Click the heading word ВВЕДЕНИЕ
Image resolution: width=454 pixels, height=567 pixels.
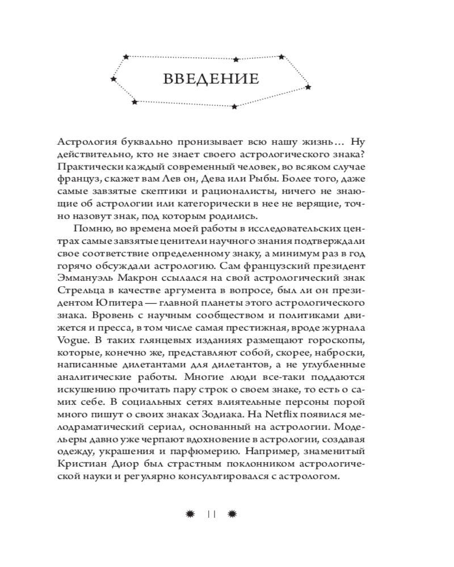pos(211,79)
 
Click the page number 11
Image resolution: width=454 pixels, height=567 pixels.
pos(211,514)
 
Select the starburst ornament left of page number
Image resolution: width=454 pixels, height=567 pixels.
pos(191,514)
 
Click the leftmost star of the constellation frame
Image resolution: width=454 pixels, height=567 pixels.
pos(113,79)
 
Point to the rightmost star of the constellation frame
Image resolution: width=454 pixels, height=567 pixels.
pos(308,87)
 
